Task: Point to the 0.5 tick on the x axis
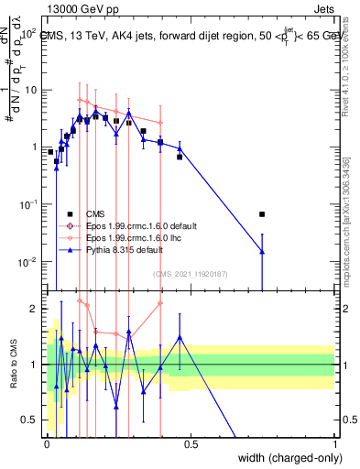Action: [x=191, y=443]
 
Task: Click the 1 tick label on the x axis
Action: [x=334, y=443]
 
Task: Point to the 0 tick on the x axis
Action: [x=48, y=443]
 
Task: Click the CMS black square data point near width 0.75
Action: [x=263, y=214]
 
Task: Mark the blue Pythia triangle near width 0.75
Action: [x=263, y=251]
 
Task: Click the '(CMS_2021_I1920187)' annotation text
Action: [x=190, y=273]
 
